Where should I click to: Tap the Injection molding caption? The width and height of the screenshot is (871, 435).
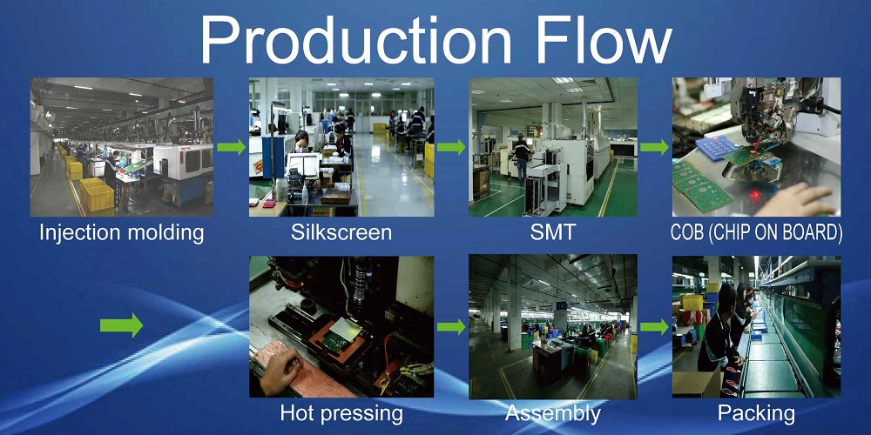[x=122, y=233]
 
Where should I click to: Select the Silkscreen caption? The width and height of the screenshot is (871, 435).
[x=341, y=232]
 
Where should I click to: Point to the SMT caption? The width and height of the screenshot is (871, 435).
[x=553, y=232]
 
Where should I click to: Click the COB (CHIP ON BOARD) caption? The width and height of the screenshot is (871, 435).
[x=756, y=232]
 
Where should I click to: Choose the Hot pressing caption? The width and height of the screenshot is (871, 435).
[x=341, y=414]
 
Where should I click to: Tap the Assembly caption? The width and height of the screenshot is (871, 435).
[x=553, y=414]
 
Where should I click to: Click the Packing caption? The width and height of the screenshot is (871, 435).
[x=756, y=414]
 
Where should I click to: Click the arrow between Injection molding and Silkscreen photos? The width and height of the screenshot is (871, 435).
[x=231, y=147]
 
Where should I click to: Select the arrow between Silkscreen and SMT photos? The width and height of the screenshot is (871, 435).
[x=451, y=147]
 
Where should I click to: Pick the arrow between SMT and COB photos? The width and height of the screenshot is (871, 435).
[x=654, y=147]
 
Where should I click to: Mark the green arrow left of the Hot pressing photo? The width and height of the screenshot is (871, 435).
[x=121, y=325]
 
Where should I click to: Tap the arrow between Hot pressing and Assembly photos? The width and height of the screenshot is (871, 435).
[x=451, y=327]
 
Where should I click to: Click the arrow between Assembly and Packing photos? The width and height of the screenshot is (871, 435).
[x=654, y=327]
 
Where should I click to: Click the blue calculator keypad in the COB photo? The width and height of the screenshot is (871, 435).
[x=717, y=148]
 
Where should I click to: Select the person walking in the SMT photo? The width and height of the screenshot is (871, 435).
[x=521, y=158]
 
